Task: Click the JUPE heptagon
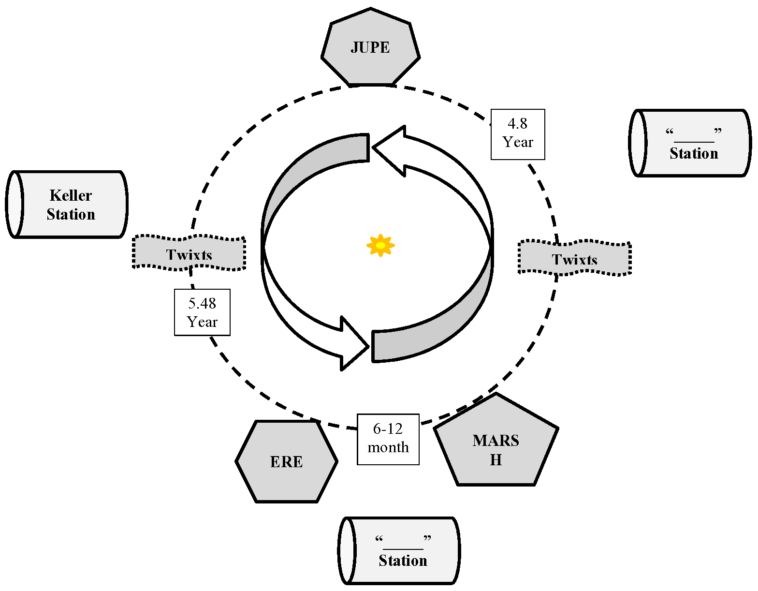[x=370, y=47]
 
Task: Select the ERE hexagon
[x=287, y=461]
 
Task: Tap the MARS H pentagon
[x=496, y=445]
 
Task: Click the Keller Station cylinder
[x=68, y=205]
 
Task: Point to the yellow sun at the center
[x=380, y=245]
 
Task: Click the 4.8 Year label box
[x=518, y=134]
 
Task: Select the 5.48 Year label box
[x=202, y=312]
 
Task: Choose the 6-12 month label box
[x=388, y=439]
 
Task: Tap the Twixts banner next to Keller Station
[x=189, y=253]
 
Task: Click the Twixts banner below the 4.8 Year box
[x=574, y=258]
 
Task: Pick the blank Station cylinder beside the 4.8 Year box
[x=690, y=143]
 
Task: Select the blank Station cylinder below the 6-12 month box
[x=399, y=550]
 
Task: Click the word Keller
[x=71, y=195]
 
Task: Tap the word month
[x=388, y=448]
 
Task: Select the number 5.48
[x=202, y=304]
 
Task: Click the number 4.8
[x=517, y=124]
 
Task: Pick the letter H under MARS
[x=496, y=460]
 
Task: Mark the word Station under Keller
[x=71, y=214]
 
